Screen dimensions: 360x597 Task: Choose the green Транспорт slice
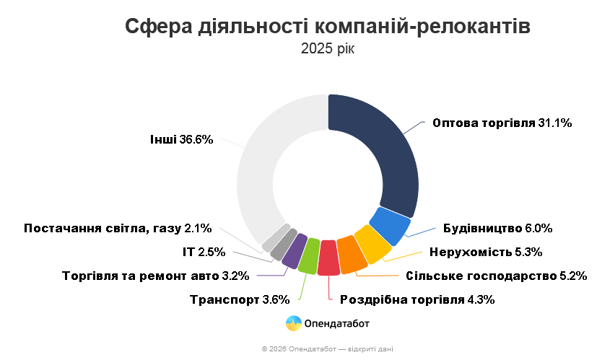pyautogui.click(x=309, y=255)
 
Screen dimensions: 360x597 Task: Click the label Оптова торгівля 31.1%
pyautogui.click(x=502, y=123)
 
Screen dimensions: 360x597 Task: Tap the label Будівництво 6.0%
pyautogui.click(x=497, y=229)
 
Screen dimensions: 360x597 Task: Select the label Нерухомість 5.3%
pyautogui.click(x=485, y=252)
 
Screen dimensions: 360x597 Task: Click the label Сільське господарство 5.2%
pyautogui.click(x=496, y=276)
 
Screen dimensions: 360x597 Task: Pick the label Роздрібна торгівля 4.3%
pyautogui.click(x=417, y=299)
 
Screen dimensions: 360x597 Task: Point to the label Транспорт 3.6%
pyautogui.click(x=239, y=299)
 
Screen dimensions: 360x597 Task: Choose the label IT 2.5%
pyautogui.click(x=204, y=252)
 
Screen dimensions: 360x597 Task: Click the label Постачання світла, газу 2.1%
pyautogui.click(x=118, y=229)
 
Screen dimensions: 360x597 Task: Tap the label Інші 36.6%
pyautogui.click(x=181, y=139)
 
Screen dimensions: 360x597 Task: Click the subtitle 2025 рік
pyautogui.click(x=328, y=49)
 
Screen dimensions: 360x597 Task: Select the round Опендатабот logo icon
pyautogui.click(x=293, y=324)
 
